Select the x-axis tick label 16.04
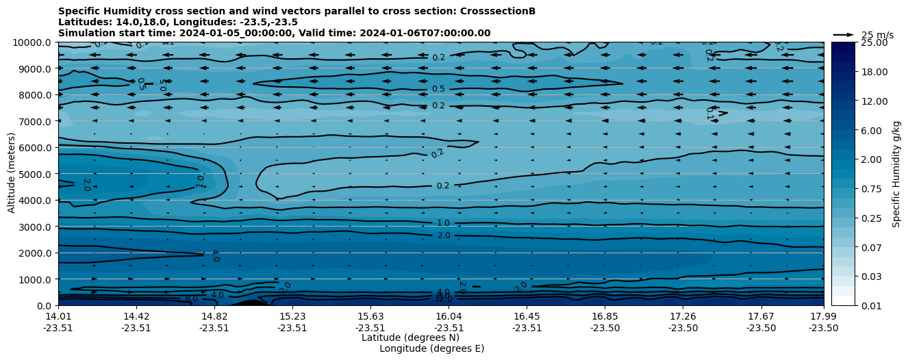[x=449, y=316]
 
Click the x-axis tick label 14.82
[x=214, y=316]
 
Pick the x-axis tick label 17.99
[x=823, y=316]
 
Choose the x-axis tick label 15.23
[x=292, y=316]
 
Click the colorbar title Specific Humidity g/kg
[x=897, y=174]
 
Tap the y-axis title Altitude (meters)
[x=12, y=174]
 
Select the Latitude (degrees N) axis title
[x=410, y=337]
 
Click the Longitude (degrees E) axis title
[x=431, y=348]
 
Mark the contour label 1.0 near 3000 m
[x=443, y=223]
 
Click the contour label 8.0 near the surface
[x=191, y=298]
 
